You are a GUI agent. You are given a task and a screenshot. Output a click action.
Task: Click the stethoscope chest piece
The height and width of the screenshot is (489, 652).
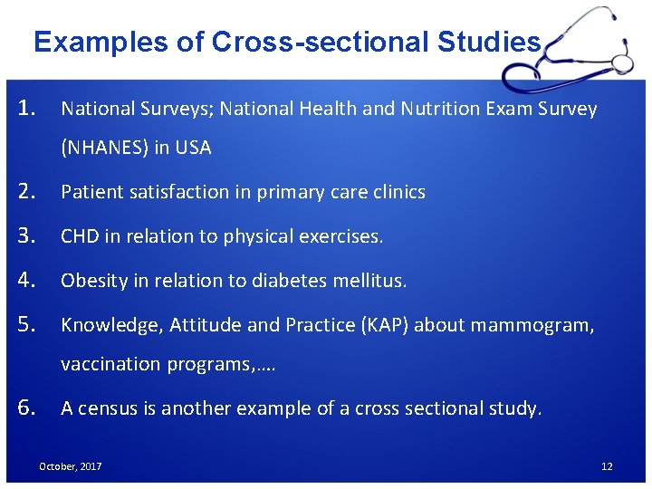tap(622, 62)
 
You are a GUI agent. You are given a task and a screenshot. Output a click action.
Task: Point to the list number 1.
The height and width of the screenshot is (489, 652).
tap(26, 109)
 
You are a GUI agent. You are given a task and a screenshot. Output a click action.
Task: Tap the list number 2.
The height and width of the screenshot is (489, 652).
tap(26, 191)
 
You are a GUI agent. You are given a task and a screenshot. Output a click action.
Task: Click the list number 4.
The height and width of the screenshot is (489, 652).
tap(26, 280)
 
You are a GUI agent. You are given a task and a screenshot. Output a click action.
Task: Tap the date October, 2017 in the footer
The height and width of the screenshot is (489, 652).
tap(70, 466)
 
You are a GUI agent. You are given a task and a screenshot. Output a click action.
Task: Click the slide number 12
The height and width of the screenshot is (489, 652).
tap(607, 466)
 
